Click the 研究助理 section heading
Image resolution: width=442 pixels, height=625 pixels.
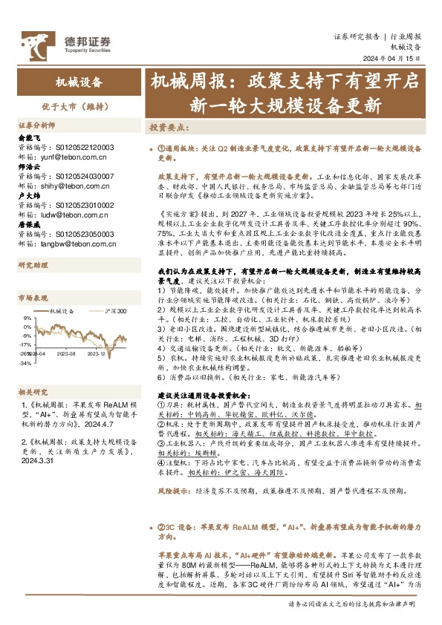(33, 264)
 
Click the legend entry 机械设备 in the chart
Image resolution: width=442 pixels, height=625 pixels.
(62, 310)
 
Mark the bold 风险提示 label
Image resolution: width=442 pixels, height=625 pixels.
(175, 491)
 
